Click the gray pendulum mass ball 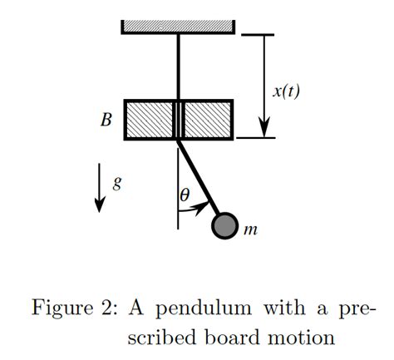pyautogui.click(x=224, y=224)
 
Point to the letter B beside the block pyautogui.click(x=106, y=120)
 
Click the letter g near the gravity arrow pyautogui.click(x=117, y=183)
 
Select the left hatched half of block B pyautogui.click(x=150, y=120)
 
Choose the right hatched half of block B pyautogui.click(x=208, y=120)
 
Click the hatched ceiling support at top pyautogui.click(x=179, y=26)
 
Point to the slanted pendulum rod pyautogui.click(x=199, y=179)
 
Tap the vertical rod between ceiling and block pyautogui.click(x=179, y=67)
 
